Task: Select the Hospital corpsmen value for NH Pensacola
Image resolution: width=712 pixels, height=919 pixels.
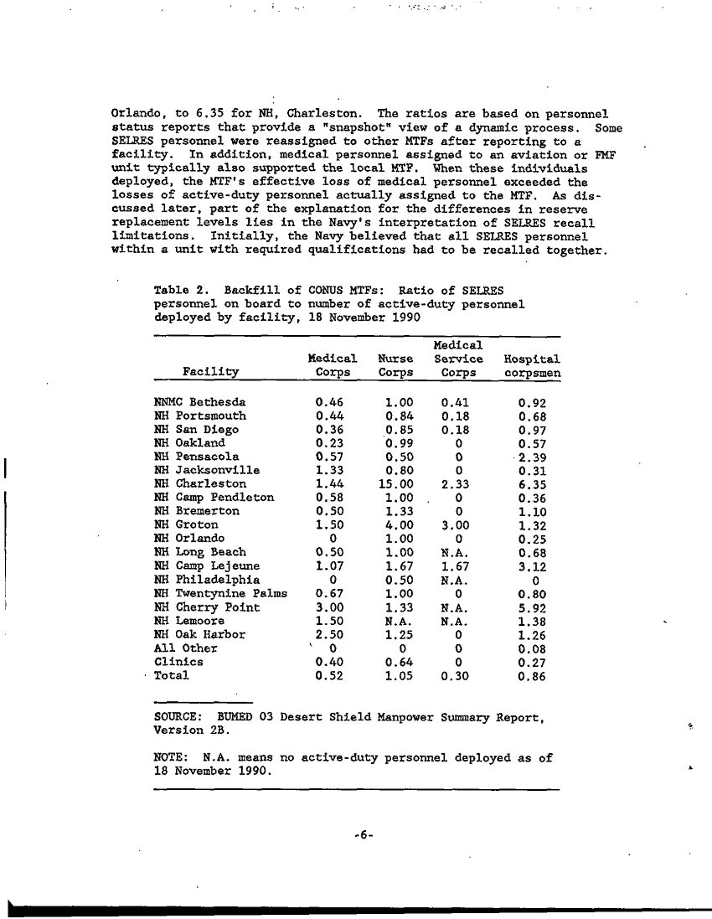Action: pos(533,457)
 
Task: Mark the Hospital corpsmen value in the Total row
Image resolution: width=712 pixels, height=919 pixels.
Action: pos(533,675)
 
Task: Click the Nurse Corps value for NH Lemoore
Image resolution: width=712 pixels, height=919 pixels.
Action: pos(392,621)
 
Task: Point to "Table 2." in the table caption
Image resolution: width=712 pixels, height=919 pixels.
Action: pos(175,291)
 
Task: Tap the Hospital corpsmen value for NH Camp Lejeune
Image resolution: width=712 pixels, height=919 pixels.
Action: pos(533,566)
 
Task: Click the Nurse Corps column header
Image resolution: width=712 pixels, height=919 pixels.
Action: pos(392,365)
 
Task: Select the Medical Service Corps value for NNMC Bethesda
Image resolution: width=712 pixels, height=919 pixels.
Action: pos(457,402)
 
